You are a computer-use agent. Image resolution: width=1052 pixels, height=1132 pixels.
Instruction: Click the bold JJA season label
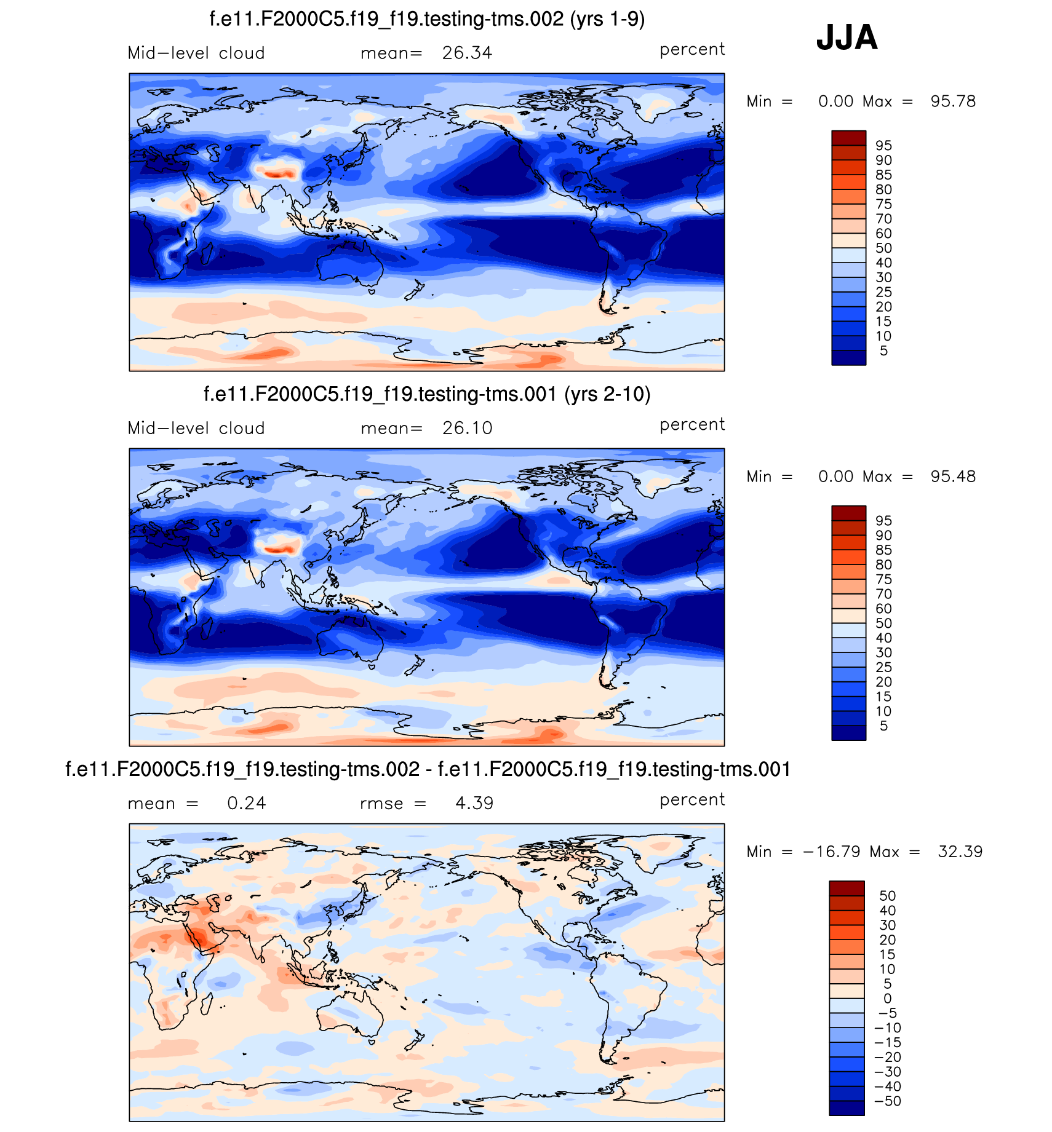[x=847, y=38]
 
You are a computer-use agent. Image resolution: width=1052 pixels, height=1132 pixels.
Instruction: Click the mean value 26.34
[x=467, y=53]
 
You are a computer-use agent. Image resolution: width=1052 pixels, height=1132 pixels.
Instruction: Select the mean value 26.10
[x=467, y=428]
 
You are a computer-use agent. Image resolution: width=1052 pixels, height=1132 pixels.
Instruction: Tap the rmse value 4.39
[x=474, y=803]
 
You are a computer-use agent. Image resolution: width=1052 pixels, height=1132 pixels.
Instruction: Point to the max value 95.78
[x=953, y=101]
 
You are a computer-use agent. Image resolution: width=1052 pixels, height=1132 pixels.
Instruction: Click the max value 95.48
[x=953, y=477]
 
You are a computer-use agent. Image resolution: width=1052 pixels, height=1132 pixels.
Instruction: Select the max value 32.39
[x=960, y=852]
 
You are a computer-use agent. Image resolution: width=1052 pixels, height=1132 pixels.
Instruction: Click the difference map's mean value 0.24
[x=246, y=803]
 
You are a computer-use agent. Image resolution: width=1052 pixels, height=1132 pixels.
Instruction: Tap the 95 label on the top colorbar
[x=883, y=146]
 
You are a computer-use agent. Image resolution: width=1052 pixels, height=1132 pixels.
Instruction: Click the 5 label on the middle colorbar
[x=883, y=726]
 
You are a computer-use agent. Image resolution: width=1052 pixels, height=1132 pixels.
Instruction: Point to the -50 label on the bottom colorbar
[x=888, y=1101]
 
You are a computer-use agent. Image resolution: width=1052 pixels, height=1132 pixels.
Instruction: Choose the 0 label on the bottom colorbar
[x=887, y=999]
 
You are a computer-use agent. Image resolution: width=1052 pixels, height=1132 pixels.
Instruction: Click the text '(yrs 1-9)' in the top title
[x=607, y=19]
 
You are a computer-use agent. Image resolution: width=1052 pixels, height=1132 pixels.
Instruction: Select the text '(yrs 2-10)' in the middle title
[x=607, y=394]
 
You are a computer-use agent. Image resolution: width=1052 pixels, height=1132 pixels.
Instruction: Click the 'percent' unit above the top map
[x=692, y=49]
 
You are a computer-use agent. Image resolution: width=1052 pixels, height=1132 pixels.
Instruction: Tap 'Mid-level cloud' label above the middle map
[x=196, y=428]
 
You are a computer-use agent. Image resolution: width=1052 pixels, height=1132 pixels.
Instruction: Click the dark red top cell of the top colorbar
[x=848, y=138]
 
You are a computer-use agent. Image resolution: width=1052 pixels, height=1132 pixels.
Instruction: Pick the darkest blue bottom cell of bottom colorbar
[x=847, y=1108]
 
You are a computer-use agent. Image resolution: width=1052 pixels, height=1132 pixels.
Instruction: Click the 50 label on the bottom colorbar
[x=887, y=896]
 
